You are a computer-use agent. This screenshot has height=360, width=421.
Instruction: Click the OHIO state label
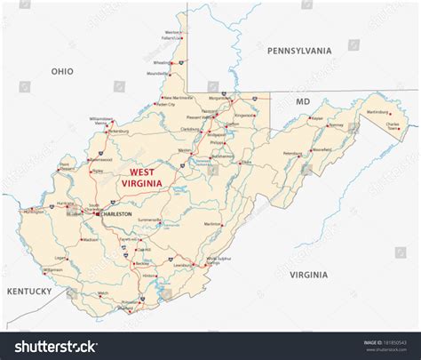(62, 70)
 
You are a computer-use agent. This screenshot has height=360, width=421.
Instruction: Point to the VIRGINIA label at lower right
(308, 275)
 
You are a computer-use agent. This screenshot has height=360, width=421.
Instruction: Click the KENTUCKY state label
(29, 291)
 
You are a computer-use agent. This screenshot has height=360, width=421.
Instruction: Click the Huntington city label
(38, 212)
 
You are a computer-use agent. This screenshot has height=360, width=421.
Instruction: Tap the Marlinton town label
(213, 224)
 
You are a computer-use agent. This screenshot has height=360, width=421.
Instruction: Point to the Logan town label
(60, 258)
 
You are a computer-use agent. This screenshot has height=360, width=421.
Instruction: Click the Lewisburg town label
(182, 265)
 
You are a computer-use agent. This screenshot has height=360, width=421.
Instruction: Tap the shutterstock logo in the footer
(52, 345)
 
